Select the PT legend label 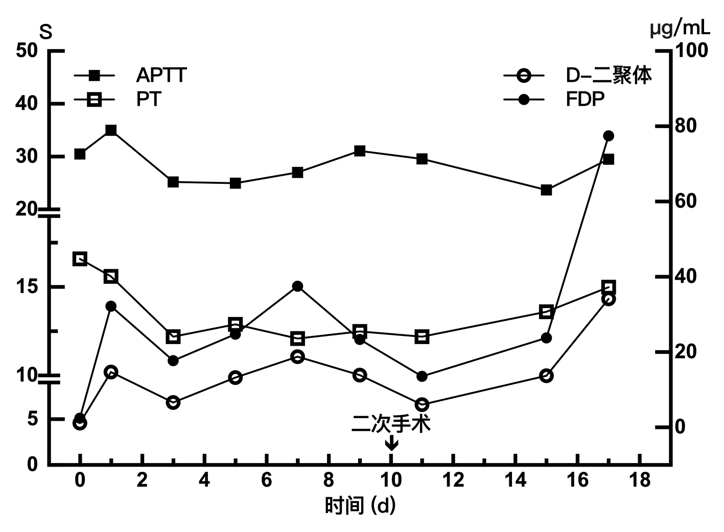[149, 99]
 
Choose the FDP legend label [585, 99]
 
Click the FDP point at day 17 [608, 136]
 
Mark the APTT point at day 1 [111, 130]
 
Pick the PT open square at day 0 [80, 259]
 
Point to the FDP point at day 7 [298, 286]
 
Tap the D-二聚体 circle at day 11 [422, 404]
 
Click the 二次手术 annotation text [391, 424]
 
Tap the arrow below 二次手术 [391, 443]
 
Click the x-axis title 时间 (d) [361, 506]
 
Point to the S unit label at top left [46, 33]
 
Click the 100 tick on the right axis [692, 51]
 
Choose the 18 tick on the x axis [639, 480]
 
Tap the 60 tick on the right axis [687, 201]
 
